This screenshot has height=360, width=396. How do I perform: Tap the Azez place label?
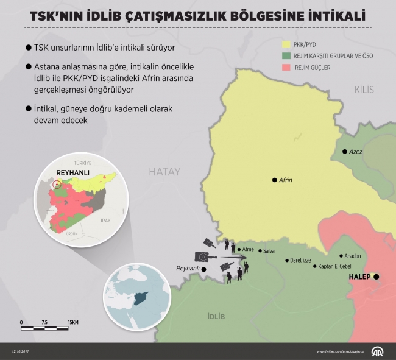point(355,152)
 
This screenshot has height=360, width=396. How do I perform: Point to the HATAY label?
point(164,172)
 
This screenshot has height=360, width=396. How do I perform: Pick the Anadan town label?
point(353,256)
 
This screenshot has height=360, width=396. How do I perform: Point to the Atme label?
point(248,249)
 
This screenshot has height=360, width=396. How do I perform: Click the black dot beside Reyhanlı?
point(204,269)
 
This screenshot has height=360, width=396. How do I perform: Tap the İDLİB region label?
point(216,316)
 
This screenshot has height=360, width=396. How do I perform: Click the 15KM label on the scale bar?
point(72,322)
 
